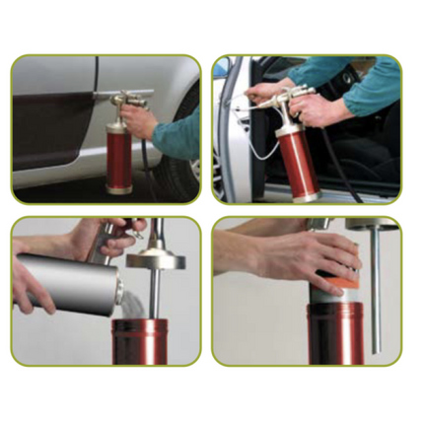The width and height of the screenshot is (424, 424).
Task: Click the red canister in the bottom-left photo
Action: coord(148,341)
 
